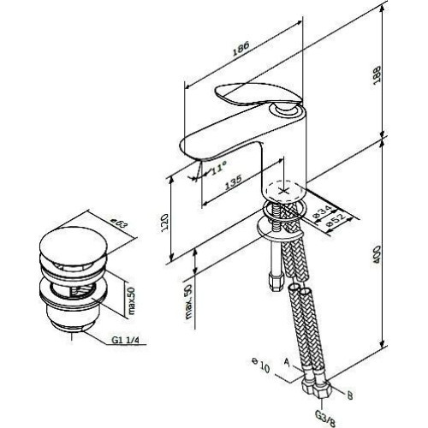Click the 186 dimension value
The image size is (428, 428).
pos(241,48)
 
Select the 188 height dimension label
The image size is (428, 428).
pos(377,74)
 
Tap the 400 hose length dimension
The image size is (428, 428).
pos(377,254)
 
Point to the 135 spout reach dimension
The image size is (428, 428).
pos(234,181)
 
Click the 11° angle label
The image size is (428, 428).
pos(219,167)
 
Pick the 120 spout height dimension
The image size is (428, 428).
pos(165,223)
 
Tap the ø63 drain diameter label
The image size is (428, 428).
pos(119,224)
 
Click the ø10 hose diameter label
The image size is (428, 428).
pos(260,366)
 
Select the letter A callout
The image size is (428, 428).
pos(287,362)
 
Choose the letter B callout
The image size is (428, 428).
pos(350,395)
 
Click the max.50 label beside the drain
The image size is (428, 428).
pos(132,300)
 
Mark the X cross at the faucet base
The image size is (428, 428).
pos(282,191)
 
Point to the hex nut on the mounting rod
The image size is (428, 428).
pos(276,282)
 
